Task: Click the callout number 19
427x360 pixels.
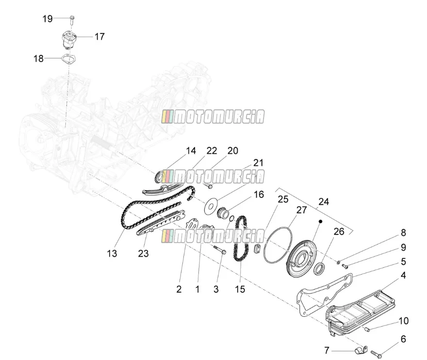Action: [48, 19]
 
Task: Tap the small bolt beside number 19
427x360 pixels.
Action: [72, 20]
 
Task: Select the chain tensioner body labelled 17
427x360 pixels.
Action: [68, 41]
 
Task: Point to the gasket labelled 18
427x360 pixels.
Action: [68, 59]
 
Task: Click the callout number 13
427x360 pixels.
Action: [112, 254]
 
